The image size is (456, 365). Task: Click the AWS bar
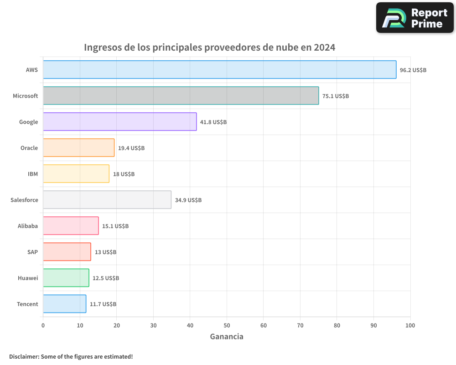click(219, 70)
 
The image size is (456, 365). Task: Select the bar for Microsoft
click(181, 96)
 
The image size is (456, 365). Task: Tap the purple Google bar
click(119, 122)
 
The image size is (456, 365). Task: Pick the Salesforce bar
click(107, 200)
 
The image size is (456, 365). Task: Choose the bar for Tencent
click(64, 304)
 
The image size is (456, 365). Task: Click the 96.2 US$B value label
click(413, 70)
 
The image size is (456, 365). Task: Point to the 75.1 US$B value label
click(335, 96)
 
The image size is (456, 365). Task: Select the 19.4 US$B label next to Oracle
click(131, 148)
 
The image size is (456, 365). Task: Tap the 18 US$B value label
click(124, 174)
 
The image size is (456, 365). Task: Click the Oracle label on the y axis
click(29, 148)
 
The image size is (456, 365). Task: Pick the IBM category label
click(33, 174)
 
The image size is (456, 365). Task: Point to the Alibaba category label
click(28, 226)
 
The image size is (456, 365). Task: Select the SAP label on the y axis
click(33, 252)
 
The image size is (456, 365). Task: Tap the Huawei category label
click(28, 278)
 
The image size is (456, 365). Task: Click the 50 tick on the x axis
click(227, 325)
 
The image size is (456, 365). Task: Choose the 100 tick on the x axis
click(410, 325)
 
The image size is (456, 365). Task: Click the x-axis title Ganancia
click(227, 337)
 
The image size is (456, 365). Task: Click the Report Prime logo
click(415, 18)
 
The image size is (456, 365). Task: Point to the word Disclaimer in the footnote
click(23, 356)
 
